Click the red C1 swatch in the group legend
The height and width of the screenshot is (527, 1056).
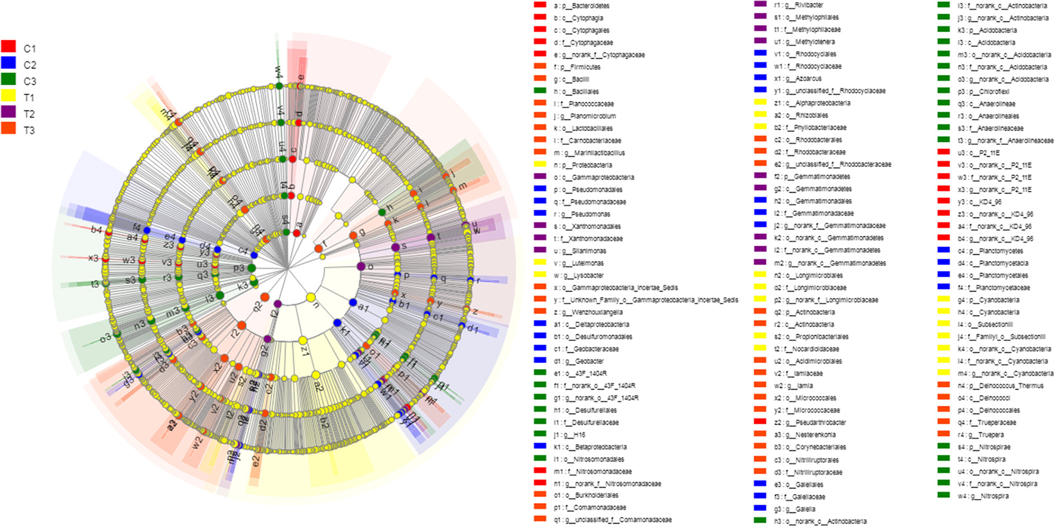pos(8,46)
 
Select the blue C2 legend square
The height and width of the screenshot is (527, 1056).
pos(8,63)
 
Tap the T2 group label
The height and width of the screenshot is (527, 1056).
pos(29,114)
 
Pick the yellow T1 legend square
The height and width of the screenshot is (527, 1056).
pos(8,95)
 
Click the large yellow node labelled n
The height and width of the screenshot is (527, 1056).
pos(310,297)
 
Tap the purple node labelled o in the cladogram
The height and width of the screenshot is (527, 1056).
pos(361,266)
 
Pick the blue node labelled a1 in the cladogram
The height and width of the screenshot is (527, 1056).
pos(353,303)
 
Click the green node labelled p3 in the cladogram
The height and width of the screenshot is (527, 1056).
pos(251,268)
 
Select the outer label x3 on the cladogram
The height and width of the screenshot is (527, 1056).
pos(93,258)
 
